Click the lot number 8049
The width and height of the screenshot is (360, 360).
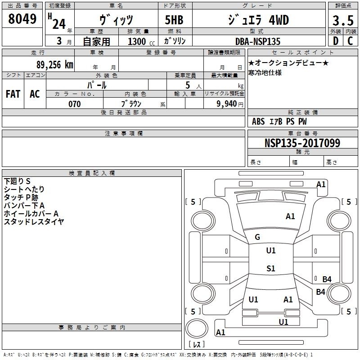click(x=22, y=18)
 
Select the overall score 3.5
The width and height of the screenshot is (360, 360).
click(x=343, y=20)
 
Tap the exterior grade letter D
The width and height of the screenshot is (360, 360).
click(x=335, y=41)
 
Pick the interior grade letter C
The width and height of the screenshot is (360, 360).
click(x=350, y=41)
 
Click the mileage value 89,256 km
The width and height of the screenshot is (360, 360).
click(x=54, y=65)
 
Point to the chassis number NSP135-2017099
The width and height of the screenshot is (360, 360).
click(x=302, y=143)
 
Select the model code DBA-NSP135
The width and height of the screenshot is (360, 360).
click(x=258, y=41)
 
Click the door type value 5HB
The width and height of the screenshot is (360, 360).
click(x=174, y=20)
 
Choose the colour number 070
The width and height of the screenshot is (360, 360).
click(x=75, y=104)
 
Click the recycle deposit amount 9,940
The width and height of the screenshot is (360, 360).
click(x=226, y=104)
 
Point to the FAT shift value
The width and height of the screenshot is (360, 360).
click(x=13, y=94)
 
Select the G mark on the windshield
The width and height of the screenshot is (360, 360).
click(x=257, y=237)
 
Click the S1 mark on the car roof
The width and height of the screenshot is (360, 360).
click(x=271, y=268)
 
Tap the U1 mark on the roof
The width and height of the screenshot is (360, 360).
click(x=271, y=251)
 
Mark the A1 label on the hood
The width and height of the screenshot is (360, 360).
click(x=290, y=216)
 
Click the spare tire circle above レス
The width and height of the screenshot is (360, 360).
click(x=197, y=328)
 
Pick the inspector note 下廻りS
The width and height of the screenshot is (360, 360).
click(x=17, y=181)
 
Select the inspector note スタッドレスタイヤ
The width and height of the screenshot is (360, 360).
click(x=34, y=221)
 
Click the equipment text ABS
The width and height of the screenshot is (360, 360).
click(x=258, y=121)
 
